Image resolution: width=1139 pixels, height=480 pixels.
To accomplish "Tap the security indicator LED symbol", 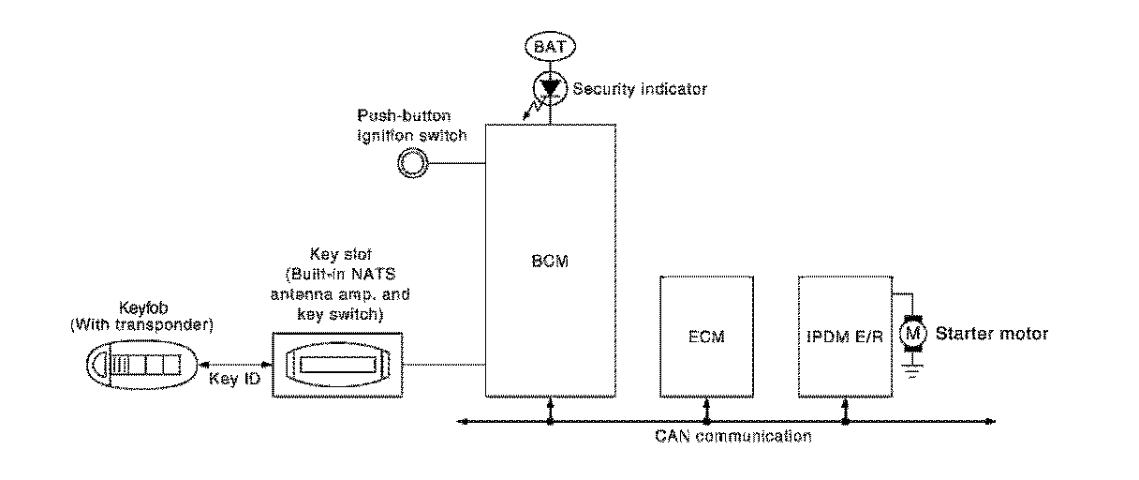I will pos(550,87).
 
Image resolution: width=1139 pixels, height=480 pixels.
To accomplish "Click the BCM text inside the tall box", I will pos(550,263).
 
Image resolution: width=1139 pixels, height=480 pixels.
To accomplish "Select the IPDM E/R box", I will pos(846,335).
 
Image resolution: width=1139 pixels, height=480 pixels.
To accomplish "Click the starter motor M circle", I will pos(911,333).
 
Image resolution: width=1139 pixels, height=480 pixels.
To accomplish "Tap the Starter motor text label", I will pos(991,333).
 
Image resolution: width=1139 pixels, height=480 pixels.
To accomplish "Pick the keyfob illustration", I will pos(140,363).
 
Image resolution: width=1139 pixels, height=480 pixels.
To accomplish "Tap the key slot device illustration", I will pos(336,364).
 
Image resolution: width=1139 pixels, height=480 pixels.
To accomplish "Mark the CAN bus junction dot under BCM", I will pos(550,422).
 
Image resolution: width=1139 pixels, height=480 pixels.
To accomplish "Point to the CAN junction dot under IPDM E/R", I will pos(846,422).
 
